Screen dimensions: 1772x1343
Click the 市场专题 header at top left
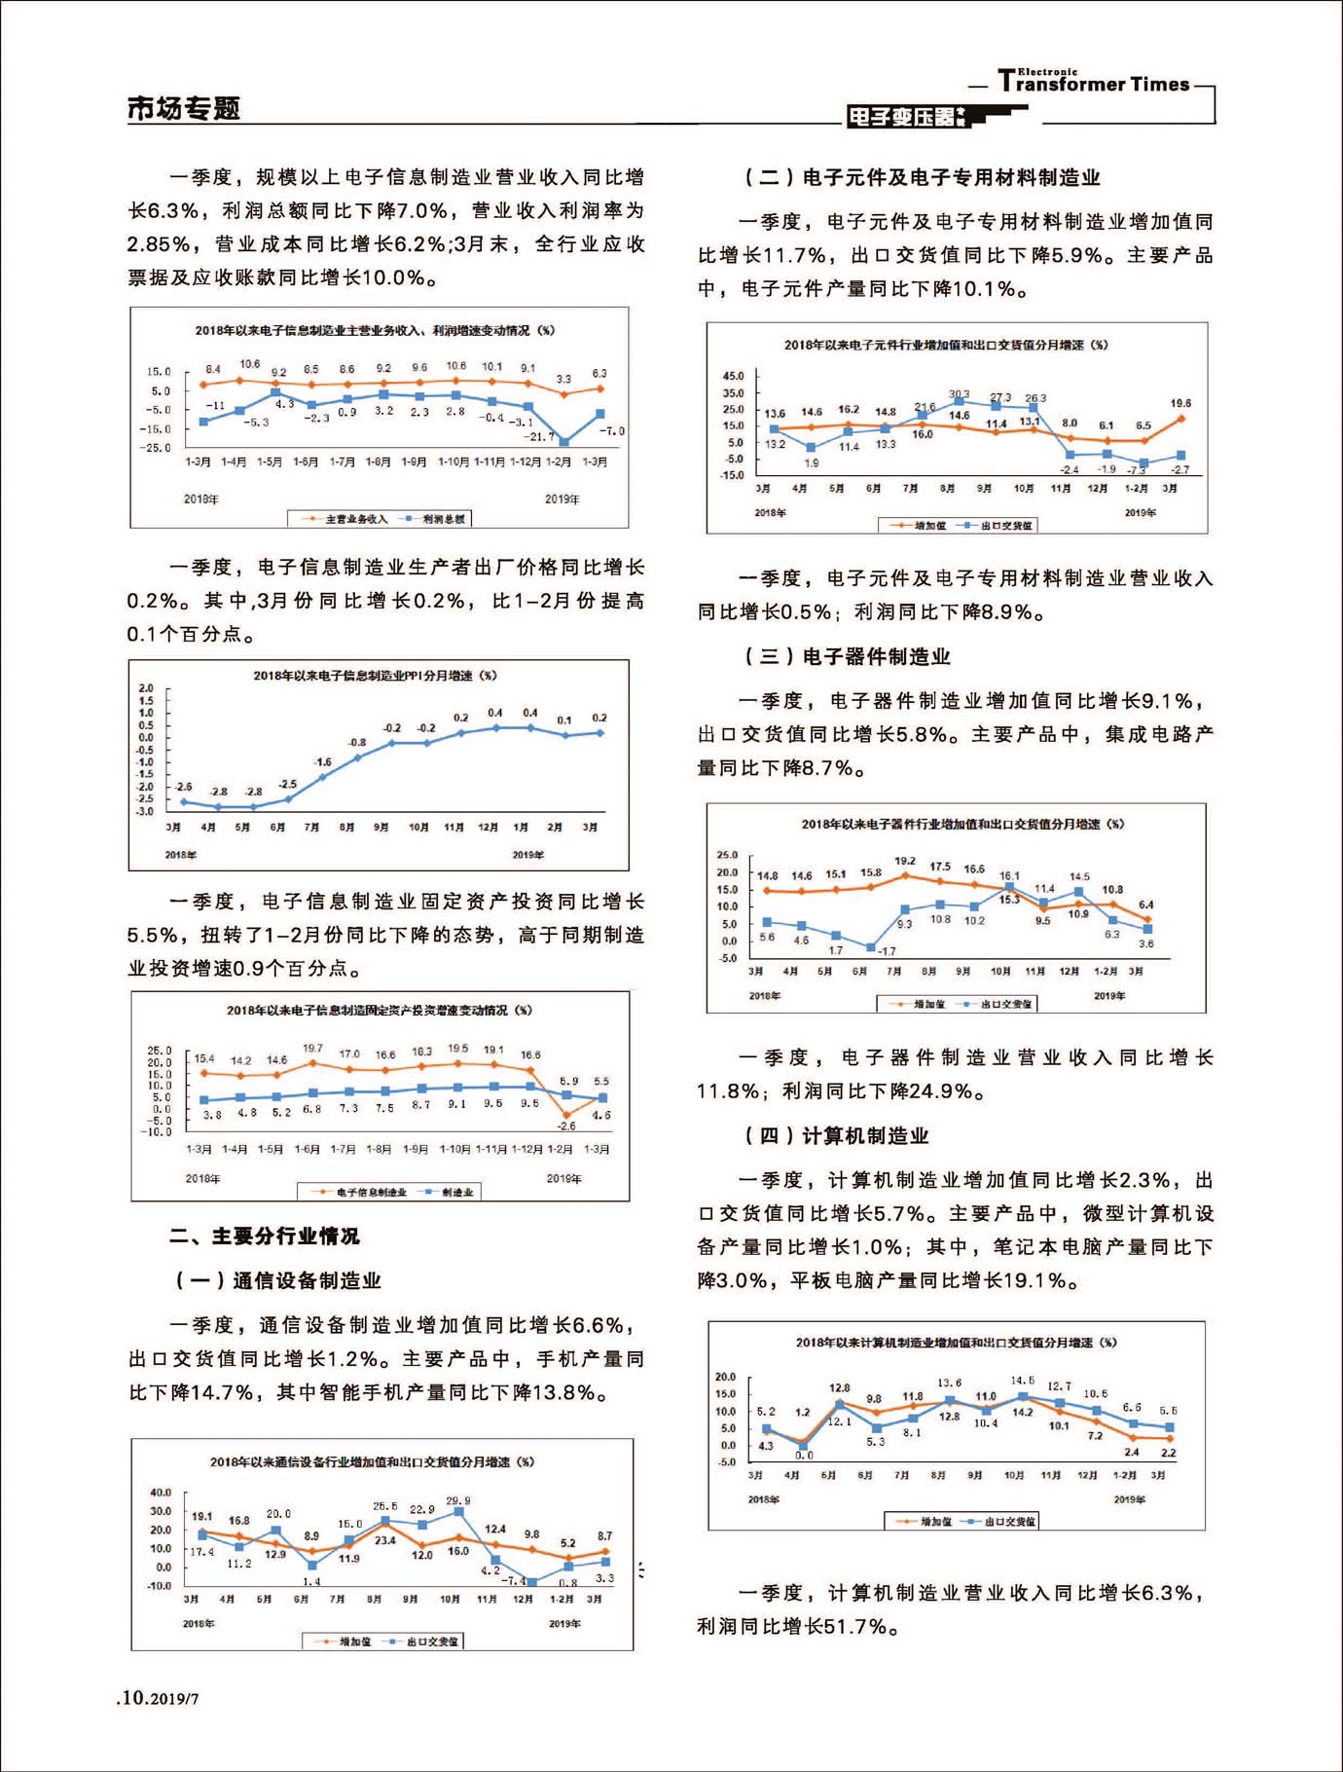click(183, 108)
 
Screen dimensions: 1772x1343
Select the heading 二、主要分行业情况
click(264, 1236)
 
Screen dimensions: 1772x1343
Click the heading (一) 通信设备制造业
click(277, 1280)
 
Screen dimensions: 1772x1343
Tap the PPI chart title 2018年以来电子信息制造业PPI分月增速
click(375, 675)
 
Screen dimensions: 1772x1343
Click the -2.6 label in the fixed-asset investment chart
click(565, 1126)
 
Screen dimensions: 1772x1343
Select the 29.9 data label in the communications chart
click(457, 1500)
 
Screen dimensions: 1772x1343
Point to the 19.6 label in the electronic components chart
click(1180, 403)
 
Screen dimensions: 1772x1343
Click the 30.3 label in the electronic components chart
click(959, 394)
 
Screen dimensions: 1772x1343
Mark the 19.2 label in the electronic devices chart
click(905, 861)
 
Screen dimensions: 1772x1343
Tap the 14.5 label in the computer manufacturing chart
click(1022, 1381)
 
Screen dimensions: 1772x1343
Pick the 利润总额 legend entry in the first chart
click(443, 519)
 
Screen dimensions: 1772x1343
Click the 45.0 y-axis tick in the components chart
click(733, 376)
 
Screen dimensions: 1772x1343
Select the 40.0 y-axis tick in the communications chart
click(160, 1493)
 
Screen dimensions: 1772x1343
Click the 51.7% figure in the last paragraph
click(856, 1626)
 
